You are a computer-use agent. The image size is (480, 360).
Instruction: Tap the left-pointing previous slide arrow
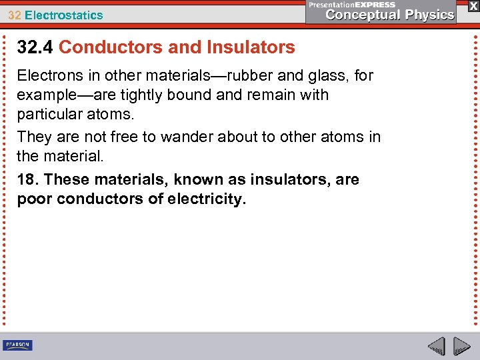click(436, 346)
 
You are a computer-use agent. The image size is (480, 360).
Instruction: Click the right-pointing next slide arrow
click(461, 346)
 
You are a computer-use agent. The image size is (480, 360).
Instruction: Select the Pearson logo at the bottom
click(17, 345)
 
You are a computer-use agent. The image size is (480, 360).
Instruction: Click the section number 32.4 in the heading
click(35, 47)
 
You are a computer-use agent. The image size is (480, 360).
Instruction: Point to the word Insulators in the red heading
click(251, 47)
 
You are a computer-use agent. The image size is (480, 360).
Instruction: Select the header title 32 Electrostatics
click(56, 15)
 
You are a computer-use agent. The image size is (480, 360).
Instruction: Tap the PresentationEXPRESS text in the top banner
click(352, 5)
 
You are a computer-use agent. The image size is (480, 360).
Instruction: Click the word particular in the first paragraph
click(49, 115)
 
